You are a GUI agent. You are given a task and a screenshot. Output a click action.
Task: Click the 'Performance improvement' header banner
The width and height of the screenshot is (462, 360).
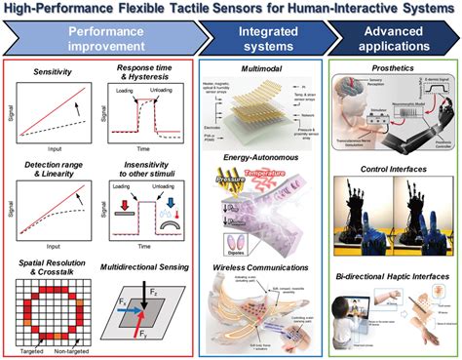[98, 39]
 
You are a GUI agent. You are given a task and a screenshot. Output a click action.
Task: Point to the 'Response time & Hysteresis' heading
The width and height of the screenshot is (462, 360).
[147, 76]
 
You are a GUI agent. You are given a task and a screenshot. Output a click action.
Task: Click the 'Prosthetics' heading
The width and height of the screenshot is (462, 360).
[390, 71]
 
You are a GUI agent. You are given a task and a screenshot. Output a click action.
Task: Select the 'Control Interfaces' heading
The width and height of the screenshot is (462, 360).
[390, 167]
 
